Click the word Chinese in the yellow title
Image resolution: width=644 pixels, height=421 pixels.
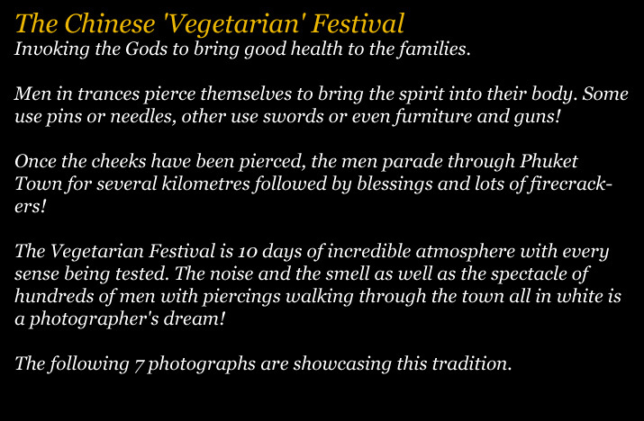[110, 23]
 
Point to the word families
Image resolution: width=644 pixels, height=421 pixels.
[434, 49]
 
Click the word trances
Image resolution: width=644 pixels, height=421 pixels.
[108, 94]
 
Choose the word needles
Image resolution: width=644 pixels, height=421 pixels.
[143, 117]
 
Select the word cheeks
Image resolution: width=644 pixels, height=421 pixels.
[119, 161]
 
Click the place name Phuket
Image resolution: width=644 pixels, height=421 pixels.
[549, 161]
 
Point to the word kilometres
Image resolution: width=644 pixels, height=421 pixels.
[205, 184]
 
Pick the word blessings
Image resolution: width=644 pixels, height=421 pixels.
[395, 184]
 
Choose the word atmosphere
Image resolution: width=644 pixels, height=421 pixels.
[466, 252]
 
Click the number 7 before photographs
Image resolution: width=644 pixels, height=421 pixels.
[139, 365]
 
